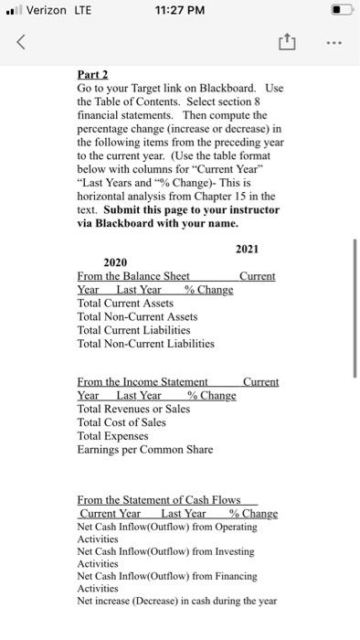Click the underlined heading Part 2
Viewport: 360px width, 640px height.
(x=93, y=76)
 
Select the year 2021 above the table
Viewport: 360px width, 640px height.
(x=247, y=250)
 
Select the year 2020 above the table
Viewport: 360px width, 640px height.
(x=115, y=262)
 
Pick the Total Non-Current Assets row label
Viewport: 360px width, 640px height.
(x=137, y=316)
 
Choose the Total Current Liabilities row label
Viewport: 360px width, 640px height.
(x=134, y=330)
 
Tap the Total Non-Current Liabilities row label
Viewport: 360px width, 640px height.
(x=146, y=344)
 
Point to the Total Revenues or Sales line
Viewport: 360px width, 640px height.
(x=134, y=409)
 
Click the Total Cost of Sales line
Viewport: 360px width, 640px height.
(x=122, y=422)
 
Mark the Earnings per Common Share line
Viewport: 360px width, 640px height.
(x=145, y=449)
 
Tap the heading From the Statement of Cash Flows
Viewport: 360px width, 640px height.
(x=159, y=500)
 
